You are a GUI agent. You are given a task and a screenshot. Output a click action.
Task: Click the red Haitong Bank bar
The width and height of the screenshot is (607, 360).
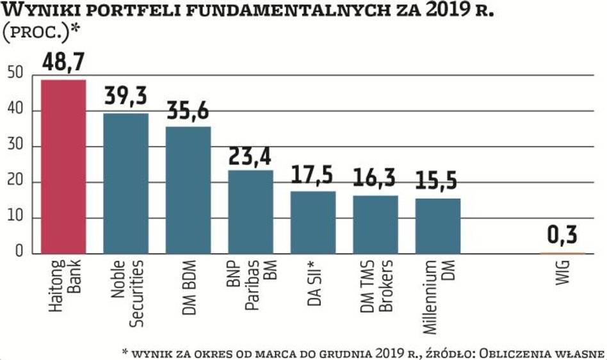coord(63,167)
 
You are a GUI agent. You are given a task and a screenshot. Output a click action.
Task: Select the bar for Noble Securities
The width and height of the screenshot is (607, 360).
coord(126,183)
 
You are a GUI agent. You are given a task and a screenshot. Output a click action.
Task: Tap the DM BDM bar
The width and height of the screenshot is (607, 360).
coord(188,190)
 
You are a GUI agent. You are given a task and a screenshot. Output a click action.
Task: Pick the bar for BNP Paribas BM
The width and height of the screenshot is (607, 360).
coord(251,211)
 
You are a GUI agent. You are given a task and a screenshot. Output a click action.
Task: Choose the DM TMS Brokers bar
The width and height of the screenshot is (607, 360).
coord(376,224)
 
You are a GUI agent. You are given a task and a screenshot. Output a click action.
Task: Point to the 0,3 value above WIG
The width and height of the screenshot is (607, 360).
coord(563,234)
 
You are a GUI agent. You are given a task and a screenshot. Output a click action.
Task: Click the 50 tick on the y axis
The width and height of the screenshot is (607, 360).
coord(15,74)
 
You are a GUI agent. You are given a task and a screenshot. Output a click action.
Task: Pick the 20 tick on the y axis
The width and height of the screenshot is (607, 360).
coord(15,182)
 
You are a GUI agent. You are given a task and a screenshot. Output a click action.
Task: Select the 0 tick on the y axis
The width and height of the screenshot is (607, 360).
coord(19,253)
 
